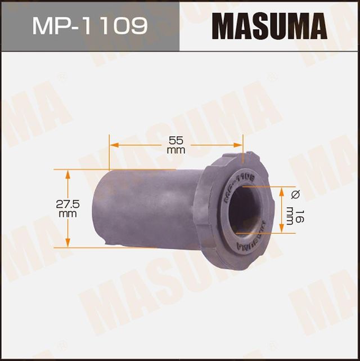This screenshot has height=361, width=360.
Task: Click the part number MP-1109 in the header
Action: click(x=90, y=25)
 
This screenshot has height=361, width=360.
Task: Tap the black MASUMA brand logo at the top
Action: click(x=269, y=25)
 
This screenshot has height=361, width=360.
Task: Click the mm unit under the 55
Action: click(x=176, y=150)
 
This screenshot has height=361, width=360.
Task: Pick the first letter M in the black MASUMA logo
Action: click(x=222, y=25)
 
